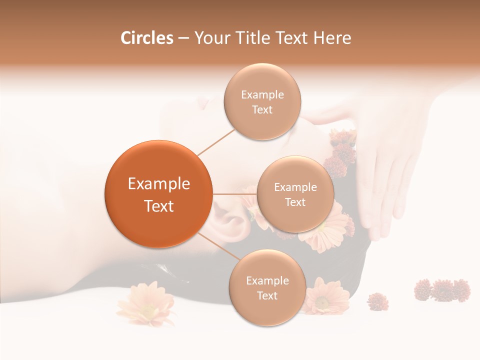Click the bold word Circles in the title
(x=146, y=38)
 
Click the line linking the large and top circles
(x=215, y=142)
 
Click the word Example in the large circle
(x=159, y=184)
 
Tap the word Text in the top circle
(x=262, y=110)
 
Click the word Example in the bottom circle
(x=267, y=281)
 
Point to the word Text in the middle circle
(x=295, y=202)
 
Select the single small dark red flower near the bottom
(x=377, y=301)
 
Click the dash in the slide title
(x=183, y=38)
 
